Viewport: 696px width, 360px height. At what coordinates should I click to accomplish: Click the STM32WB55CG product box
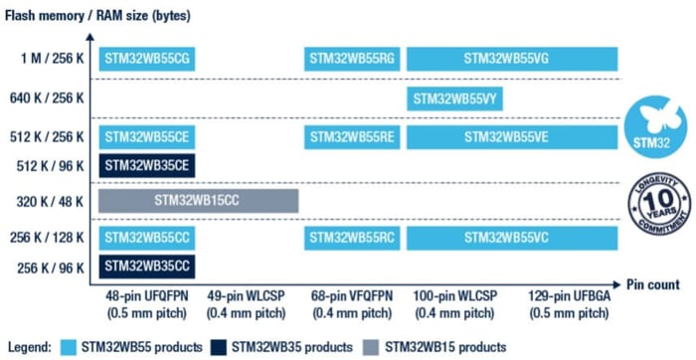pyautogui.click(x=146, y=59)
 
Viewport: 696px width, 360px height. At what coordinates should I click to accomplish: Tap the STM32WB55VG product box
pyautogui.click(x=512, y=59)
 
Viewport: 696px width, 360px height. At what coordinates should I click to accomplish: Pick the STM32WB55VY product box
pyautogui.click(x=455, y=97)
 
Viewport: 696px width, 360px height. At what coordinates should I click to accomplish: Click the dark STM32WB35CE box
pyautogui.click(x=146, y=165)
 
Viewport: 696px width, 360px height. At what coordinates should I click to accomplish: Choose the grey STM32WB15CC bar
pyautogui.click(x=198, y=201)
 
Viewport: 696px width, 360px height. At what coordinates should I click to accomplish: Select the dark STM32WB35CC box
pyautogui.click(x=146, y=266)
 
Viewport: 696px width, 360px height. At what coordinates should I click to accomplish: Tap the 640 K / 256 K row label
pyautogui.click(x=48, y=97)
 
